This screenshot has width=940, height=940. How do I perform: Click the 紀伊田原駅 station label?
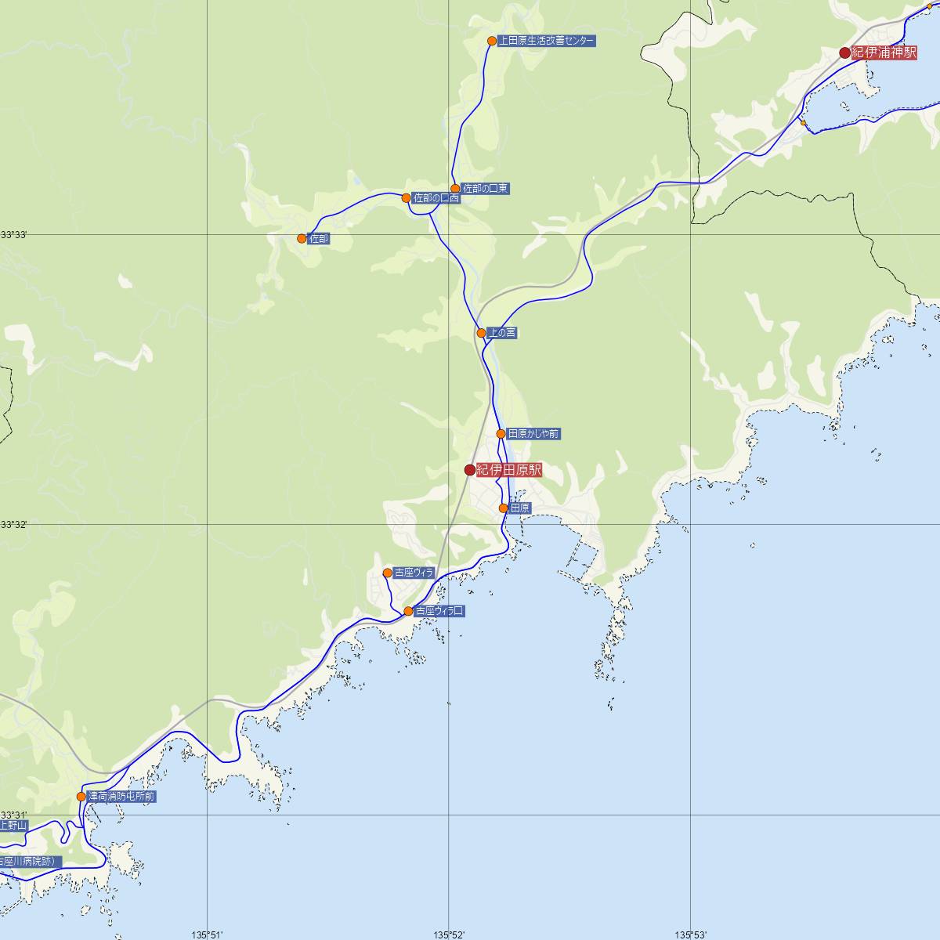click(509, 470)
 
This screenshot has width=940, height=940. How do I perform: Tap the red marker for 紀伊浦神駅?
click(844, 52)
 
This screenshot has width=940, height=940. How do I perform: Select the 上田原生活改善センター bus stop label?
click(546, 41)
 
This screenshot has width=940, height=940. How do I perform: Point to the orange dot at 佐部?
click(302, 238)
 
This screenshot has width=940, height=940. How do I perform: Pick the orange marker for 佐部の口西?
click(406, 198)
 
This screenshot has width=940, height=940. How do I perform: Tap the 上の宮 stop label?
click(502, 333)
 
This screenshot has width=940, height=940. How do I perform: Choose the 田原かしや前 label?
click(533, 433)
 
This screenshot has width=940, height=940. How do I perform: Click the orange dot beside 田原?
click(504, 508)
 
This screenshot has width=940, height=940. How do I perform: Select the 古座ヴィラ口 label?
click(439, 611)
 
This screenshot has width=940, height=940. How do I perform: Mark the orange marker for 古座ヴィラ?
click(387, 573)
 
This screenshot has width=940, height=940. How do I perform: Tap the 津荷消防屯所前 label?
click(121, 797)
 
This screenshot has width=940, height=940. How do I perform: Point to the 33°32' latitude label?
click(13, 524)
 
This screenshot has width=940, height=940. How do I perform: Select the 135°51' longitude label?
click(208, 934)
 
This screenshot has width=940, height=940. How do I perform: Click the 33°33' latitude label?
click(13, 234)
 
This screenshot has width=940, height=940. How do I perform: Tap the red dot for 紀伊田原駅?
click(470, 470)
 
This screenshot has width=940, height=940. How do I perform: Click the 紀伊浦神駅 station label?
click(884, 52)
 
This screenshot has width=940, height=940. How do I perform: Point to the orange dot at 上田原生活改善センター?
click(492, 41)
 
